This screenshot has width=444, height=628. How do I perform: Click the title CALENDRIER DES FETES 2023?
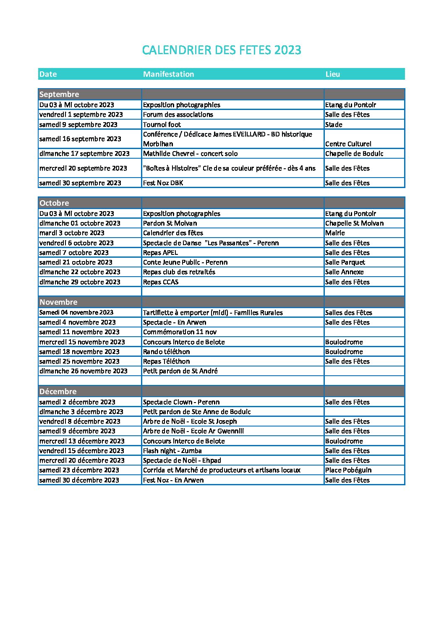222,50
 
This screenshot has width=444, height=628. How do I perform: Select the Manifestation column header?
168,74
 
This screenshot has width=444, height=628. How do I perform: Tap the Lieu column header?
332,74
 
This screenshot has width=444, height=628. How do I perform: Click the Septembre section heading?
59,94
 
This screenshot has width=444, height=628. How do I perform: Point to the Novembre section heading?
58,302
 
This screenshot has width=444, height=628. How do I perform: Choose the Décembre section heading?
58,392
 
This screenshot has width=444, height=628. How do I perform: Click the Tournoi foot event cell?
162,125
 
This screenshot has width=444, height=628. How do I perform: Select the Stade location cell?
334,125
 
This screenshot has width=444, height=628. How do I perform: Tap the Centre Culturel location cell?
348,144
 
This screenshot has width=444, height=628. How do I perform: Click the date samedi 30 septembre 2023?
80,183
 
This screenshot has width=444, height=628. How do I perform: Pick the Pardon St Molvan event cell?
170,223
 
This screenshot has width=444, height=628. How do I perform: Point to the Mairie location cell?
335,233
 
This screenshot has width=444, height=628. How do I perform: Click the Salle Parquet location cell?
345,262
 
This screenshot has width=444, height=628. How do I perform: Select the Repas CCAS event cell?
161,282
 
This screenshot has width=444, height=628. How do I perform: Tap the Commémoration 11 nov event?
180,332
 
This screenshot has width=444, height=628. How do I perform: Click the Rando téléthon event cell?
166,352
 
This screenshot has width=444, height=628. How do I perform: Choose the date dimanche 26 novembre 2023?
84,371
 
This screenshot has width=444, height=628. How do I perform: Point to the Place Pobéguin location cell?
348,470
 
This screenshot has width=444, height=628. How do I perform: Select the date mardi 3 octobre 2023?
72,233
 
